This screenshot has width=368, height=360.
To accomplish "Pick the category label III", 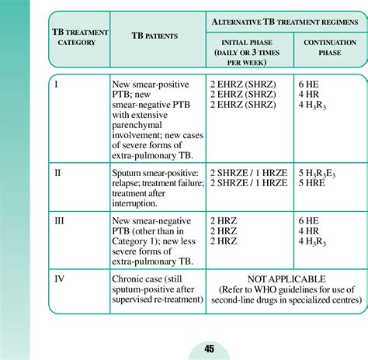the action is click(x=59, y=221).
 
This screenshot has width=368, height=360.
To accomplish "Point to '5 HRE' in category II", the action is click(x=313, y=182).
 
